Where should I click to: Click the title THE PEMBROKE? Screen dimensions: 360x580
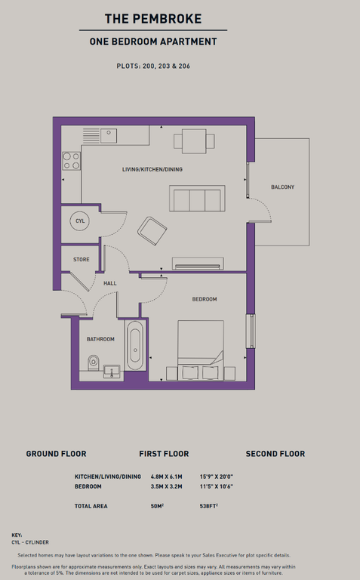coord(153,19)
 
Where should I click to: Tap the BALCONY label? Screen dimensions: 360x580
coord(283,187)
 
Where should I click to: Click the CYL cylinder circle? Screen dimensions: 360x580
coord(80,221)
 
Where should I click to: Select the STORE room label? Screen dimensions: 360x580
coord(82,260)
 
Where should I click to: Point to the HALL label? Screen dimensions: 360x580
coord(110,283)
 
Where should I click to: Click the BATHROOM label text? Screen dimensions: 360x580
coord(100,339)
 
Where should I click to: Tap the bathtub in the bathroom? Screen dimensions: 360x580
coord(135,345)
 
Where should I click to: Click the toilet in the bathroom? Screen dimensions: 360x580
coord(94,362)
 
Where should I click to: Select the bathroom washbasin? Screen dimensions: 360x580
coord(112,372)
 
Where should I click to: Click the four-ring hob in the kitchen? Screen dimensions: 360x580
coord(72,161)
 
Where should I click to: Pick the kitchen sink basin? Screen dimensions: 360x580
coord(109,136)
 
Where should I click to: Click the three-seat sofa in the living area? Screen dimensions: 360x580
coord(197,199)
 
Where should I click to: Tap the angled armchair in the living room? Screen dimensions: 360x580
coord(152,231)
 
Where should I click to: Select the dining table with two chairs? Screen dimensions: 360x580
coord(194,141)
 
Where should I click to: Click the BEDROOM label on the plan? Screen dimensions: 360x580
coord(205,299)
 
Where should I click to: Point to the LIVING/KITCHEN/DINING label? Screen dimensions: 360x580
coord(152,169)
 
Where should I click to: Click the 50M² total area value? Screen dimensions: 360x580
coord(157,506)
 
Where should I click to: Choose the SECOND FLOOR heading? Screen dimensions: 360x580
coord(275,454)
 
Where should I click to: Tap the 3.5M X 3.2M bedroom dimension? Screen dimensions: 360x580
coord(166,486)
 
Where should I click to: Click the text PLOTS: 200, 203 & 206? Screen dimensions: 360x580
coord(153,66)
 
